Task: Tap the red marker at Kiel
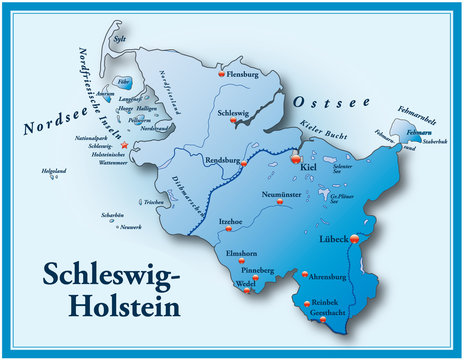pos(295,157)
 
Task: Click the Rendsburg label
pos(225,158)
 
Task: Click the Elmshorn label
pos(242,254)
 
